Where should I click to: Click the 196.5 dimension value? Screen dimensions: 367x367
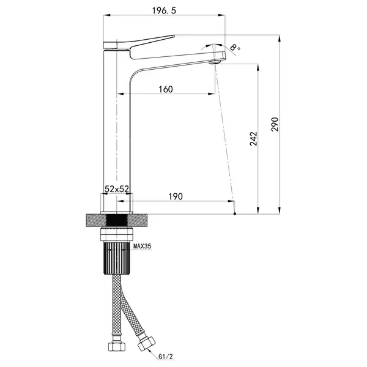tap(163, 10)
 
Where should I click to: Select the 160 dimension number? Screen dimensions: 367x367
tap(166, 89)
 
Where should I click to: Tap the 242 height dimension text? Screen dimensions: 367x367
tap(253, 139)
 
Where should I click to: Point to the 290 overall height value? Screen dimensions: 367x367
tap(275, 124)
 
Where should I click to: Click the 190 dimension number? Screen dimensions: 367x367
tap(176, 196)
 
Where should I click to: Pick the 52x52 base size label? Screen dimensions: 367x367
tap(117, 189)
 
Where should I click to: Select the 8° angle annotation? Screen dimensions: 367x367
tap(235, 47)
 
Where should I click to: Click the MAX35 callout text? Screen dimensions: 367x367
tap(143, 246)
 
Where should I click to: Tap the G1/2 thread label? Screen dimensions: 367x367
tap(166, 357)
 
